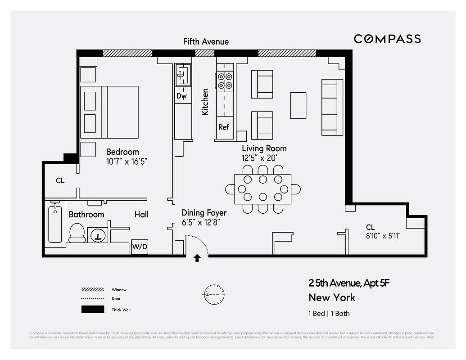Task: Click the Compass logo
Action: tap(387, 39)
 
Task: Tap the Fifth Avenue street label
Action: tap(206, 41)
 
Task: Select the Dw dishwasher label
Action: tap(181, 96)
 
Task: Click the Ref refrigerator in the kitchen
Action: tap(224, 127)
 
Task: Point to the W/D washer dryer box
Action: tap(139, 247)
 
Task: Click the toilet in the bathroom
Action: tap(77, 233)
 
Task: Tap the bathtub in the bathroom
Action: tap(55, 222)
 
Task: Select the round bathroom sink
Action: tap(99, 235)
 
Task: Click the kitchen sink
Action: tap(182, 74)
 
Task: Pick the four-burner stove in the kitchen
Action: tap(225, 81)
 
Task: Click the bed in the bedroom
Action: tap(109, 112)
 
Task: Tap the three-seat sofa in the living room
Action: tap(332, 107)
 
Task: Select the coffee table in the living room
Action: tap(298, 105)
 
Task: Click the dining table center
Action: tap(262, 189)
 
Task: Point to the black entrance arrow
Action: tap(197, 258)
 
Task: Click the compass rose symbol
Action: tap(214, 295)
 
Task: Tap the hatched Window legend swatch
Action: tap(92, 290)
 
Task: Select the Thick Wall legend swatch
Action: tap(92, 310)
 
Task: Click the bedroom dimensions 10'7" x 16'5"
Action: tap(127, 161)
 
